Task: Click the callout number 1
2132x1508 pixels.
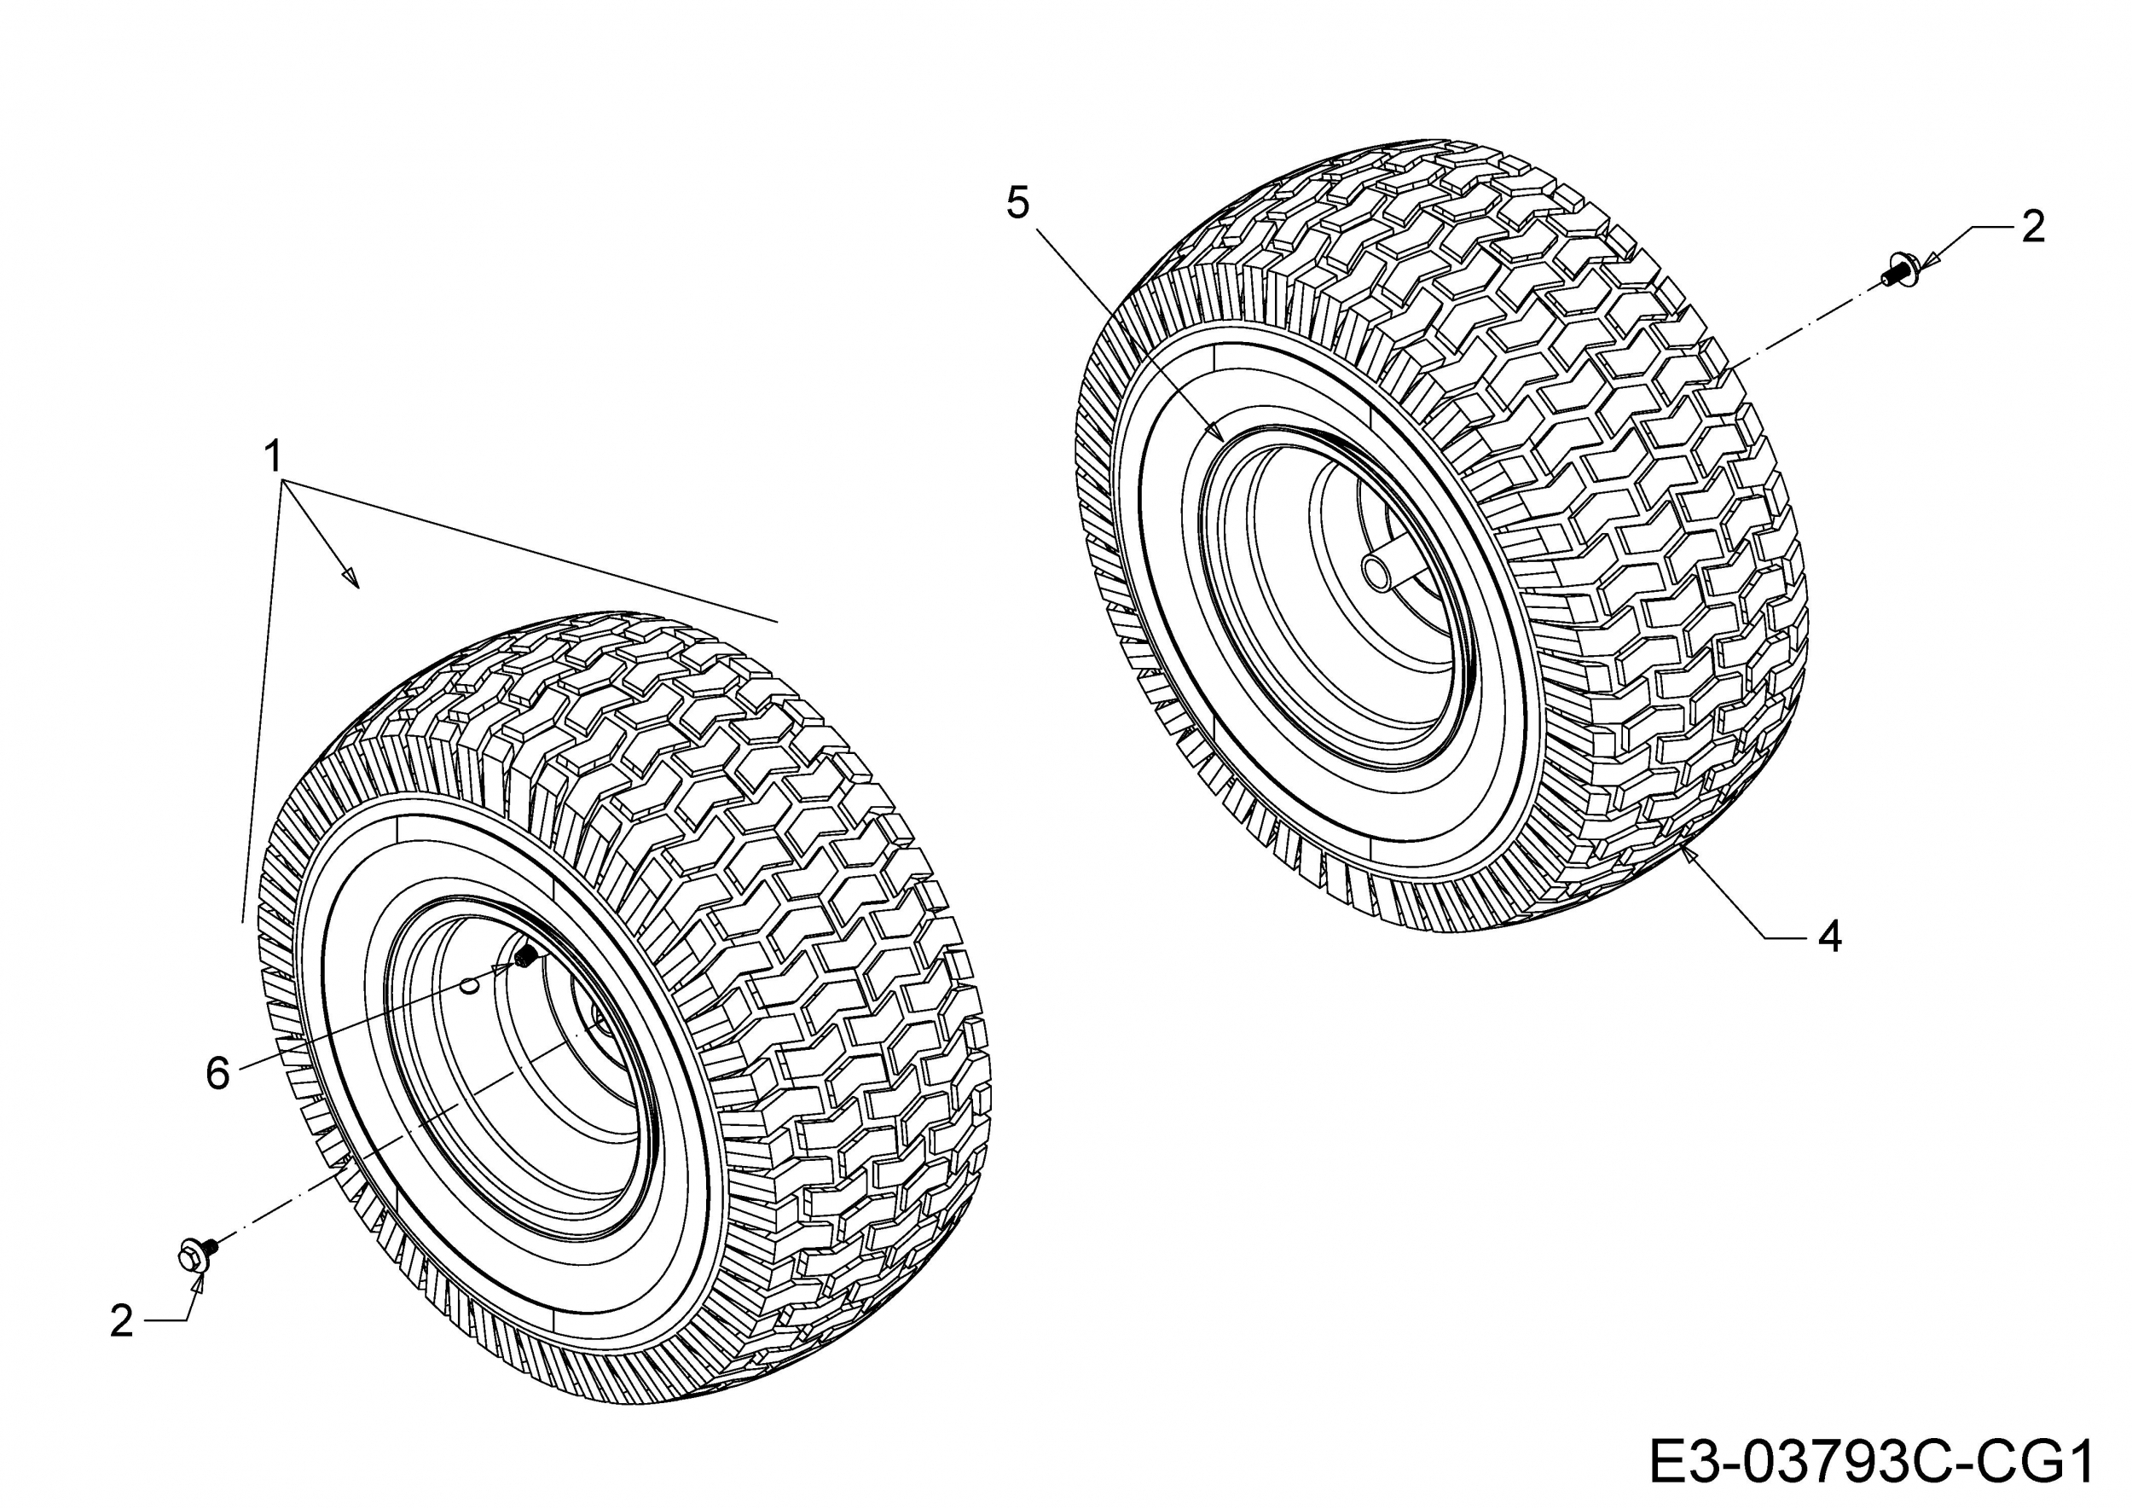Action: coord(273,457)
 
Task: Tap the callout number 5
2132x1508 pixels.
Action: coord(1017,203)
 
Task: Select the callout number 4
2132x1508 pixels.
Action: coord(1829,937)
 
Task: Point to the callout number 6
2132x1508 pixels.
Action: coord(217,1075)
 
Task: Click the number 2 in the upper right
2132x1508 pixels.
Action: coord(2032,227)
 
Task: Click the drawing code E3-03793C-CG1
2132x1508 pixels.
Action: coord(1870,1463)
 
